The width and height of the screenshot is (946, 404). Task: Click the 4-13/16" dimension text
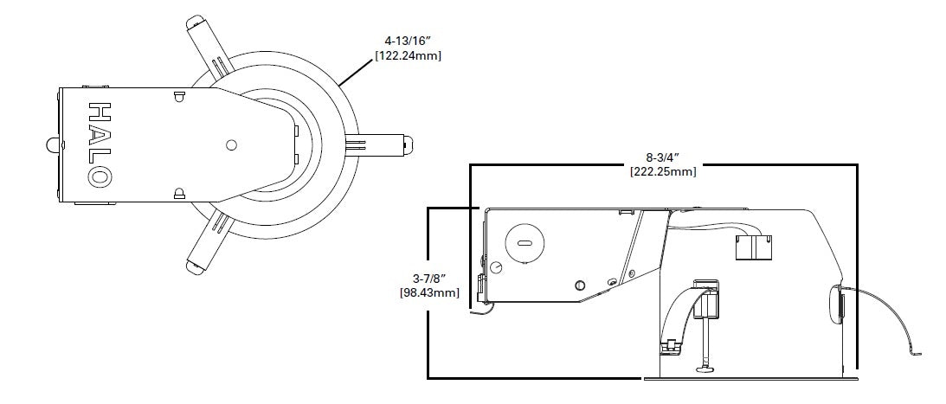pos(410,40)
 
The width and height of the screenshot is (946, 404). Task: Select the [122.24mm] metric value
pos(410,55)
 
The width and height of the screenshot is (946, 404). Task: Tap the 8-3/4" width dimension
pos(663,157)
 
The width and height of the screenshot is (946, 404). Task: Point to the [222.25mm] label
pos(663,171)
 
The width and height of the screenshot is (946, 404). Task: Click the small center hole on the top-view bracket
pos(231,145)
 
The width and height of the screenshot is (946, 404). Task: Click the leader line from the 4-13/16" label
pos(357,70)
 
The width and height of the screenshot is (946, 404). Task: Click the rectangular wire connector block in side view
pos(754,247)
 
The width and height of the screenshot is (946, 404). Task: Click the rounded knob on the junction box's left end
pos(49,144)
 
